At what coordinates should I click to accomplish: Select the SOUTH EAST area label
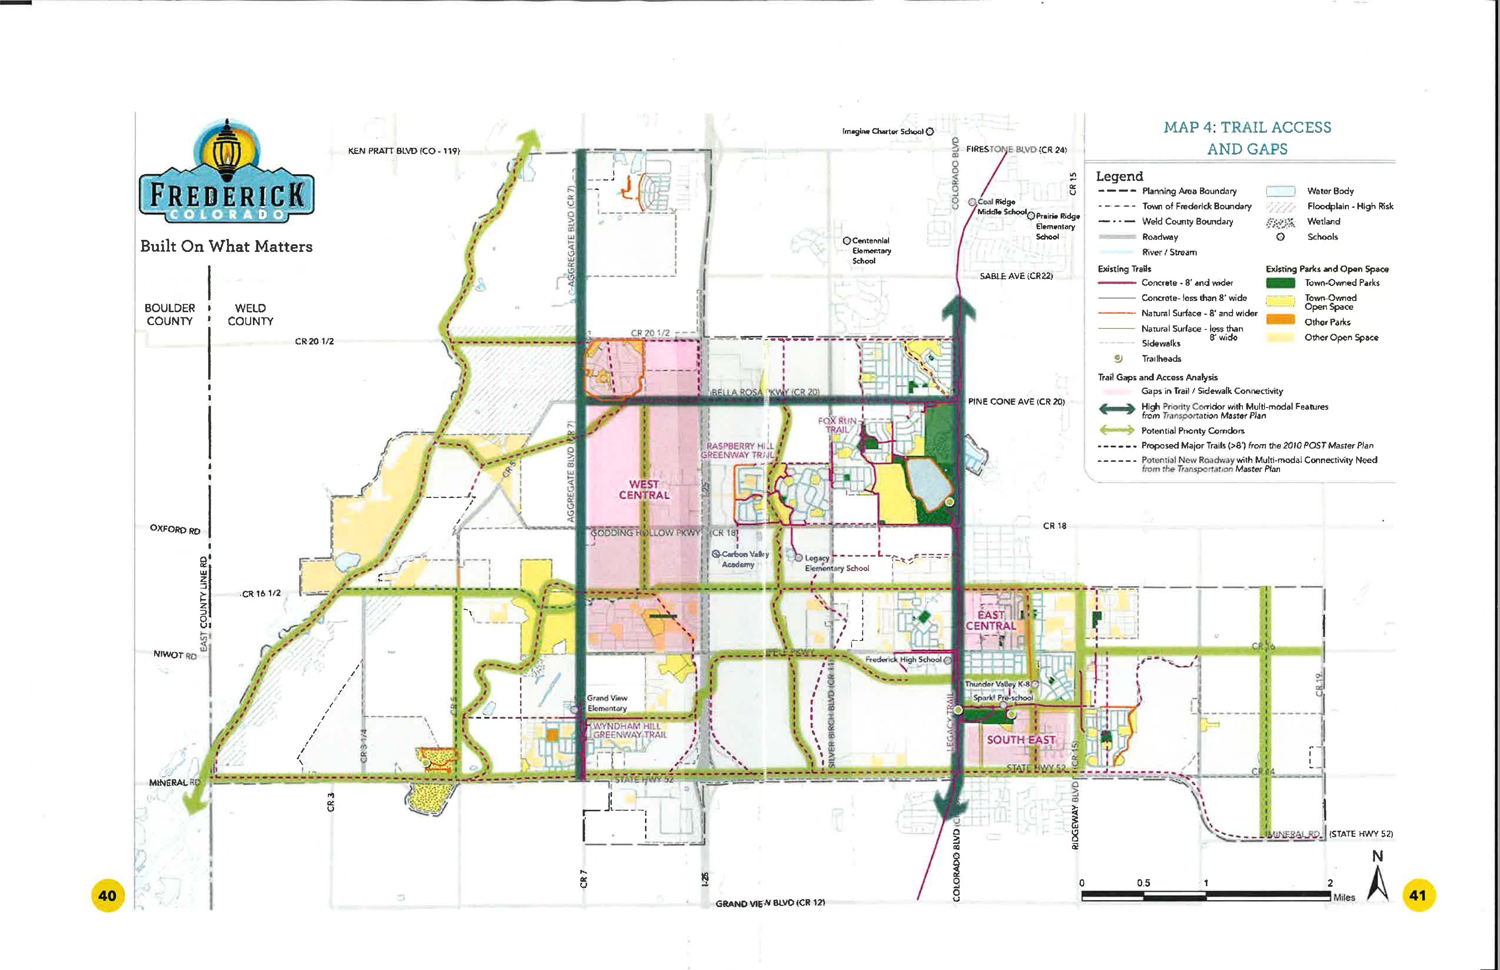click(1020, 740)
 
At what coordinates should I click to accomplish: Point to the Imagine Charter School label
click(882, 132)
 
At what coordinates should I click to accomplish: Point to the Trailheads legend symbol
click(1118, 358)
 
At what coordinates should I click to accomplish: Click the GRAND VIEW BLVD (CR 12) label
click(770, 903)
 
